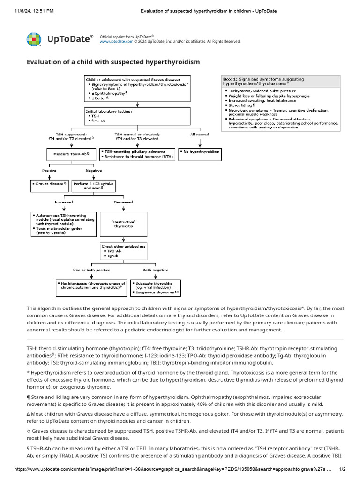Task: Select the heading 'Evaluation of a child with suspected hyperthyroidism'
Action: click(113, 62)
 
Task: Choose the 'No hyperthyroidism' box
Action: click(200, 152)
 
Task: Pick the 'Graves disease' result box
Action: click(49, 184)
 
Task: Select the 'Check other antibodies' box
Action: click(123, 252)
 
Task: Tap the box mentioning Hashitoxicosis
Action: click(91, 286)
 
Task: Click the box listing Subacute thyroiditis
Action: click(156, 288)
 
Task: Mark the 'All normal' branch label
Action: click(200, 135)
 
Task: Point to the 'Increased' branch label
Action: click(64, 202)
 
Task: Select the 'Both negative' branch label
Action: click(156, 270)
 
